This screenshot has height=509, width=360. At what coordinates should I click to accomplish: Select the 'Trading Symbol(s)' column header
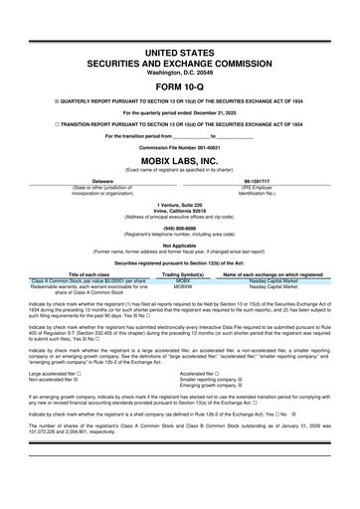pyautogui.click(x=182, y=275)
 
